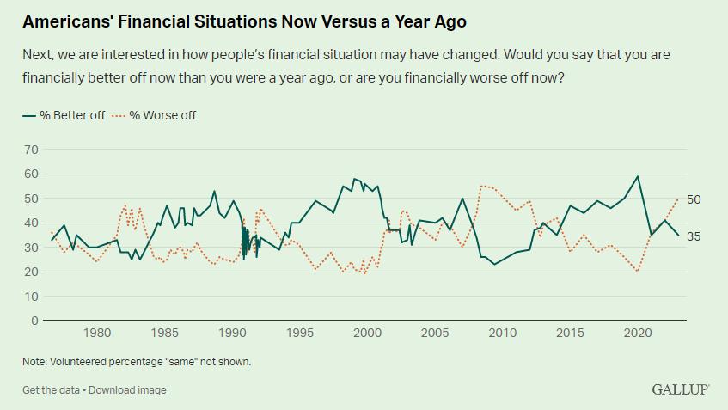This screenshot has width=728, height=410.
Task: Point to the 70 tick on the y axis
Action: click(32, 150)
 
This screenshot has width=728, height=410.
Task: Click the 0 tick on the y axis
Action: click(35, 321)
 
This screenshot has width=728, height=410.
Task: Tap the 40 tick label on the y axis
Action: click(32, 223)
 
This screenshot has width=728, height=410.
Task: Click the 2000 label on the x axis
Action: click(368, 334)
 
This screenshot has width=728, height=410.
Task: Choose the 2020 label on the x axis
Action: click(637, 334)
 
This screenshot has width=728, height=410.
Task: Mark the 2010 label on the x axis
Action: click(503, 334)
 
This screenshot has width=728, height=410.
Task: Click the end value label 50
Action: click(694, 199)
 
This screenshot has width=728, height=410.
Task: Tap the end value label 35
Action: click(694, 236)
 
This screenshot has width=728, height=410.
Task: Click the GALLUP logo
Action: click(680, 389)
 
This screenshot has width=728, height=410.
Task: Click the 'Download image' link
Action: click(128, 389)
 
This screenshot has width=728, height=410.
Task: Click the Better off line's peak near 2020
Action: click(637, 177)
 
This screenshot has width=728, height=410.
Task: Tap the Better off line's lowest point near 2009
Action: click(494, 264)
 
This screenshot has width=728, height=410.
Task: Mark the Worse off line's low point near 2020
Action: click(637, 272)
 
